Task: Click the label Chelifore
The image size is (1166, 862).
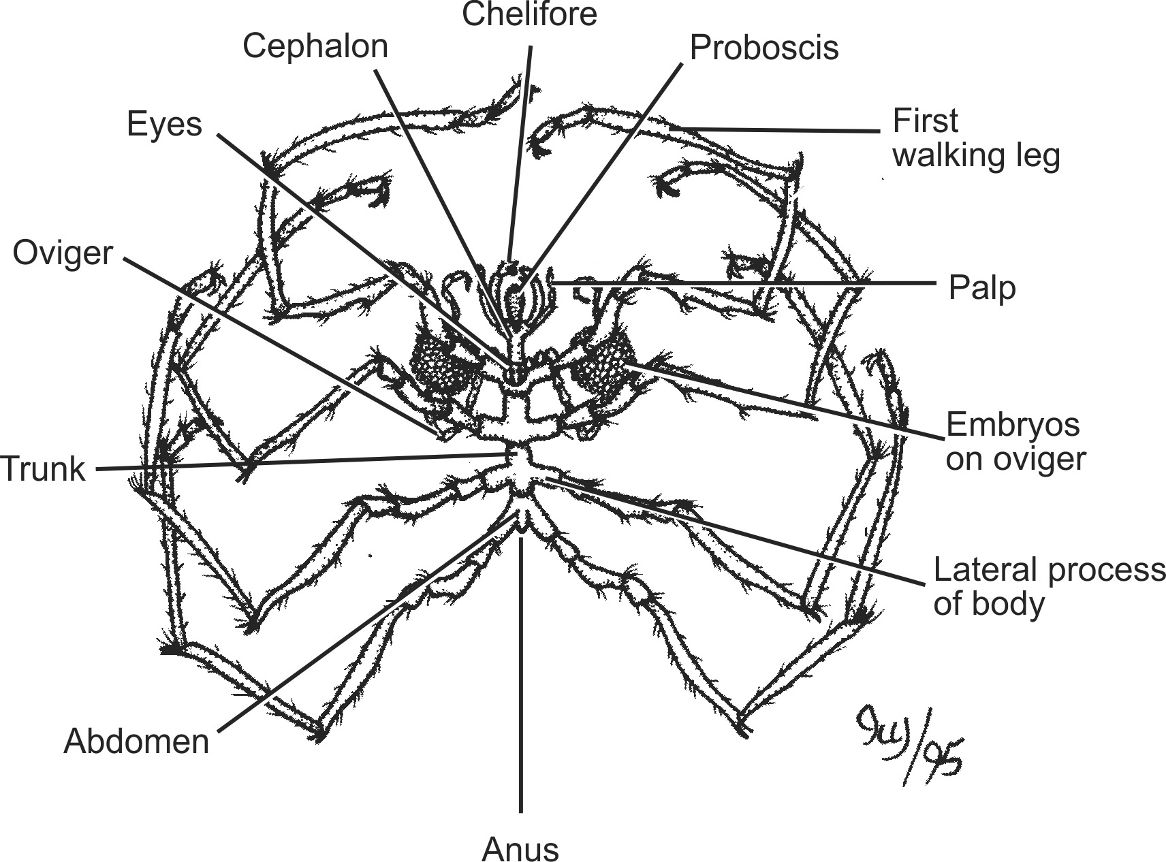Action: coord(529,15)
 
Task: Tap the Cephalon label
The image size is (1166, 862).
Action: coord(315,47)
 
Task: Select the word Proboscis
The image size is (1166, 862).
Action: coord(764,48)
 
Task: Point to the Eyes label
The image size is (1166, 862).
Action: coord(165,125)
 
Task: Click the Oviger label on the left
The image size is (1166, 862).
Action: coord(63,253)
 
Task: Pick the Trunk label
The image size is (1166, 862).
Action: coord(44,469)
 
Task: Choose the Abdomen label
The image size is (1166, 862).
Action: coord(136,741)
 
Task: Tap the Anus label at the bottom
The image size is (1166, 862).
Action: coord(520,848)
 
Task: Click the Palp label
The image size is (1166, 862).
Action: coord(981,289)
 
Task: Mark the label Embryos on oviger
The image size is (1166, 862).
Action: coord(1015,442)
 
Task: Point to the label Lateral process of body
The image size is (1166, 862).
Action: coord(1047,586)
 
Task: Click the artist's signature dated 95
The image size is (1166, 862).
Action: coord(909,742)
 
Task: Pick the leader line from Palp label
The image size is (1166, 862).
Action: coord(749,282)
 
